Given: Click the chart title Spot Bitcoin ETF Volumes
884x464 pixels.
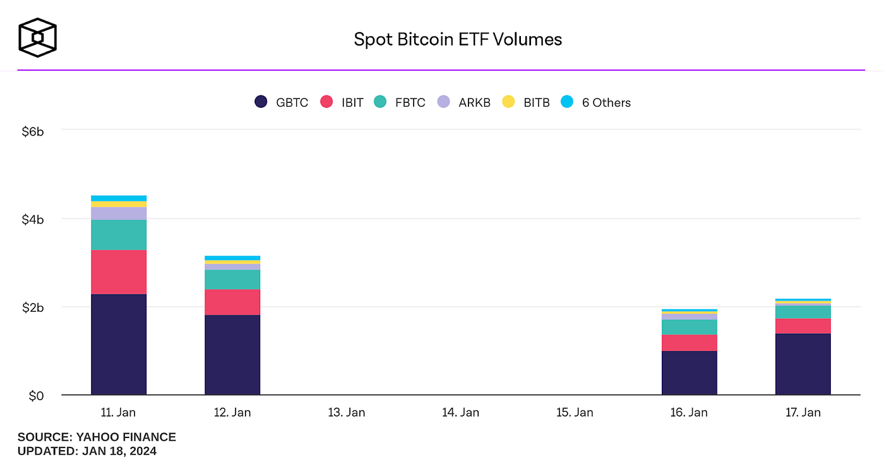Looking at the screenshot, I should coord(457,40).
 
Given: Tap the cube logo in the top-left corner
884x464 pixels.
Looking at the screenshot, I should coord(37,37).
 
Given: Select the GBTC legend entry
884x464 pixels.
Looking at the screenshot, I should coord(281,102).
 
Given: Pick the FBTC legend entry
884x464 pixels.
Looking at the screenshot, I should coord(399,102).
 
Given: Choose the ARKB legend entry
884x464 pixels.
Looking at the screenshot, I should coord(464,102).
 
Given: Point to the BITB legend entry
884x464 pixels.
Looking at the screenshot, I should coord(525,102).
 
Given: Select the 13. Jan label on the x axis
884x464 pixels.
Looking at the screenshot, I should coord(346,412).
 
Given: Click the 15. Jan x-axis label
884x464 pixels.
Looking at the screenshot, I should coord(574,412).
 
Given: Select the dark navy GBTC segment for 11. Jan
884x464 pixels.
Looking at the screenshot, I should coord(119,344).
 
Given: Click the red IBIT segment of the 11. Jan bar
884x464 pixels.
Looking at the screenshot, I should coord(119,272).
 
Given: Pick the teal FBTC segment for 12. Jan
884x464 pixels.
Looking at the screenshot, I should coord(232,280).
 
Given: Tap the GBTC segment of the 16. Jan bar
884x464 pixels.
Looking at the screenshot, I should coord(689,372).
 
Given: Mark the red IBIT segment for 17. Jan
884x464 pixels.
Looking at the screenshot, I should coord(803,326).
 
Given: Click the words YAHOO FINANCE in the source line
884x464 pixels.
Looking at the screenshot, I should coord(126,437).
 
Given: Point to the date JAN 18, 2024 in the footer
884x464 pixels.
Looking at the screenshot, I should coord(118,451).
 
